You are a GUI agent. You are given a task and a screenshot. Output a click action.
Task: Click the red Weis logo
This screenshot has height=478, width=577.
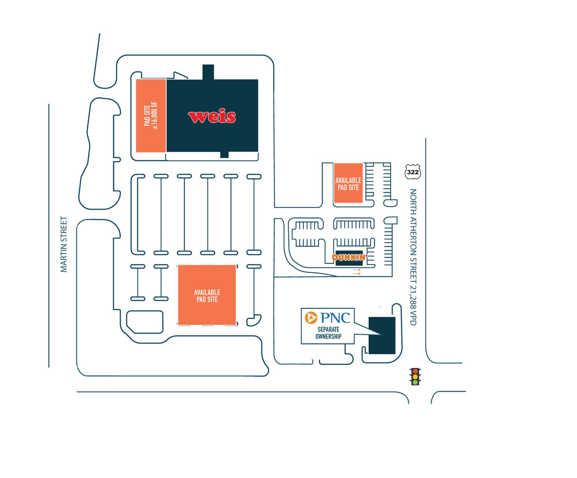212,117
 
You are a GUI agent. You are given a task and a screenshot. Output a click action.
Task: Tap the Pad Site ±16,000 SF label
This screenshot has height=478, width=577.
151,116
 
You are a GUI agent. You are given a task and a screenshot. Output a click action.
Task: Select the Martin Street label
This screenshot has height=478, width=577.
64,244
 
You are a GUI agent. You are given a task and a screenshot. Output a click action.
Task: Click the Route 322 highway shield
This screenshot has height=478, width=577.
413,172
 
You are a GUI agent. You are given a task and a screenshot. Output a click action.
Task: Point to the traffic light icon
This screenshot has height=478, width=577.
415,377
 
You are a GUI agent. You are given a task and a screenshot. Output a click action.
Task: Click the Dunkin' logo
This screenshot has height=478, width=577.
350,257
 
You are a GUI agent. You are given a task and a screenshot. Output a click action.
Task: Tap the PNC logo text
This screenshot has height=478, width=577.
335,318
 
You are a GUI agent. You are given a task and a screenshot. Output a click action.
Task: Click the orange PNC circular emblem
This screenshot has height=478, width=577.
311,318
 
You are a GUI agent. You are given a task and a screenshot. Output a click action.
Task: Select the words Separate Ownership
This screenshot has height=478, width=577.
328,333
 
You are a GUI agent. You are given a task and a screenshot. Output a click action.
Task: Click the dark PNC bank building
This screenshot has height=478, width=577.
382,335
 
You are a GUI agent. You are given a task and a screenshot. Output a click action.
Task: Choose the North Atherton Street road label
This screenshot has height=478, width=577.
413,236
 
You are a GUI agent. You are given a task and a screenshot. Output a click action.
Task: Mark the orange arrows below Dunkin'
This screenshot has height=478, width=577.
357,272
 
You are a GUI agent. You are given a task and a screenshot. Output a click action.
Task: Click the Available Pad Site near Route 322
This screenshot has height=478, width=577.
348,184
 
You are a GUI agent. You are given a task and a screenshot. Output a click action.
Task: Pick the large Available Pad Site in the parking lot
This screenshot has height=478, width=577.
207,295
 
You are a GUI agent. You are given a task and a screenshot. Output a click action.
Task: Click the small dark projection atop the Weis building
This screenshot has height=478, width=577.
208,72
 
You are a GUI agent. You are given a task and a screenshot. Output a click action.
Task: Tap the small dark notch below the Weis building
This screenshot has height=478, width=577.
224,155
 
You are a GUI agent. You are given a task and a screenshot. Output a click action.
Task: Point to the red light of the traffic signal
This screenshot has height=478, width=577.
415,371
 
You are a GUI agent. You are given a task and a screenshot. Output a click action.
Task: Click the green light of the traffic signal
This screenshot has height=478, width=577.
415,382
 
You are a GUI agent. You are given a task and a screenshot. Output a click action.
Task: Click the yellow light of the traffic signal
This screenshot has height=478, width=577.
415,377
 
